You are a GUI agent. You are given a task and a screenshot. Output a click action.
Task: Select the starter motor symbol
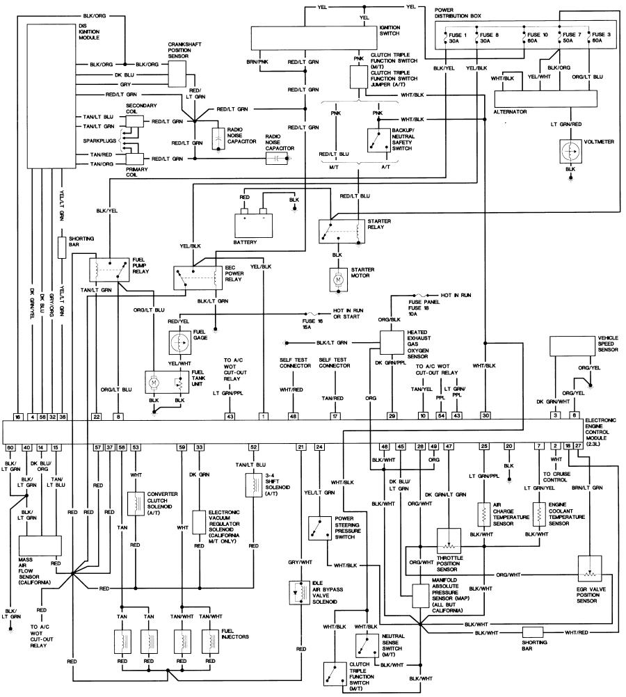[338, 280]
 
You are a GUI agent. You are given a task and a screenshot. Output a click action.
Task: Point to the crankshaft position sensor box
[177, 73]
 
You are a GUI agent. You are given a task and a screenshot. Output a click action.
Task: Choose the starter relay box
[342, 231]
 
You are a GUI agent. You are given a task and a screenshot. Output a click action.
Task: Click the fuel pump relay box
[109, 269]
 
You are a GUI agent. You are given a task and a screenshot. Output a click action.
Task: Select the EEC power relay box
[198, 278]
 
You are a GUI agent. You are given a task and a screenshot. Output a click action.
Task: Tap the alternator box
[545, 99]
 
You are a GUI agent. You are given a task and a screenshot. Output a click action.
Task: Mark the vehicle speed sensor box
[572, 346]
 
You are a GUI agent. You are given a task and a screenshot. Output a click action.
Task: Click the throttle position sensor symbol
[449, 541]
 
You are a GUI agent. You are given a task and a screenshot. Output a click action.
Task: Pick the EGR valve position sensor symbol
[590, 568]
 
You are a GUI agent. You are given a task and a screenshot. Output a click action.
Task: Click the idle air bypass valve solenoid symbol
[299, 592]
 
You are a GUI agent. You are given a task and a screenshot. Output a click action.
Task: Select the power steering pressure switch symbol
[320, 528]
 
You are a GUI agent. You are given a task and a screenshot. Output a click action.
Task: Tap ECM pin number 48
[293, 416]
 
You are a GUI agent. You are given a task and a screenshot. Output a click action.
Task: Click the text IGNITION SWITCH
[390, 30]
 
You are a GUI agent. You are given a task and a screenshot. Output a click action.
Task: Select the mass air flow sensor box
[40, 545]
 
